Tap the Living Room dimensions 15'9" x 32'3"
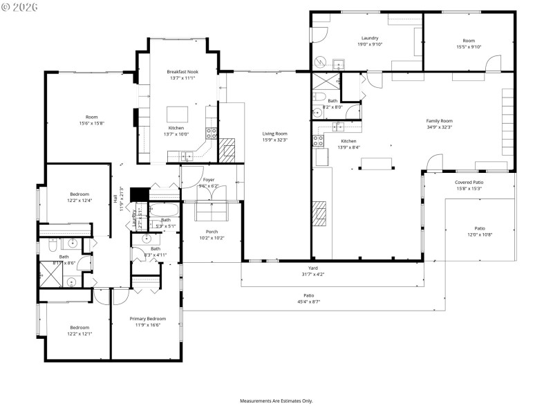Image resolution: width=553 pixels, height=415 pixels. click(x=274, y=140)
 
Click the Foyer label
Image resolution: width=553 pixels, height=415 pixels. click(x=208, y=179)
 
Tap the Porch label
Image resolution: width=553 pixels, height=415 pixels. click(x=212, y=232)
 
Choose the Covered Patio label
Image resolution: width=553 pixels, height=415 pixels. click(x=468, y=182)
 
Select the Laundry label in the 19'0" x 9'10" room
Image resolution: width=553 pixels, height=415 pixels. click(x=370, y=38)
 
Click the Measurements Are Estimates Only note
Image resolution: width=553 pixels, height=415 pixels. click(x=276, y=401)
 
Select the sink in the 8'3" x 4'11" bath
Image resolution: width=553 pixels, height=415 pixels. click(x=147, y=239)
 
